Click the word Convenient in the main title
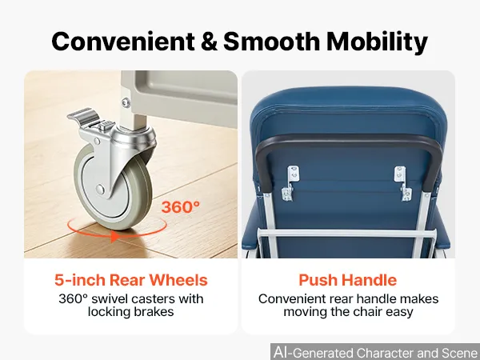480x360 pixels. [123, 42]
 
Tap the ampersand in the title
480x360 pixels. [209, 42]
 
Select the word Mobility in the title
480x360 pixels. [377, 43]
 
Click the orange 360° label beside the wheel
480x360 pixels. [181, 207]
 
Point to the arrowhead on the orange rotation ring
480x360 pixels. [114, 236]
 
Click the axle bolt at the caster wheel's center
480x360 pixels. [100, 189]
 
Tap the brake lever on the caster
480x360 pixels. [83, 115]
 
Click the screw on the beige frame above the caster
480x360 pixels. [126, 102]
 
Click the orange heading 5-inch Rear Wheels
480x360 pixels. [131, 280]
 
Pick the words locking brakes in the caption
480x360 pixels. [130, 312]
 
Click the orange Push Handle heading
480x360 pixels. [348, 280]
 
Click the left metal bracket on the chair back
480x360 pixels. [290, 184]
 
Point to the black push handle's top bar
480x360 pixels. [348, 140]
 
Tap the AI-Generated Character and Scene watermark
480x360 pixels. [376, 352]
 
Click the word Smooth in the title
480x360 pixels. [271, 42]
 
